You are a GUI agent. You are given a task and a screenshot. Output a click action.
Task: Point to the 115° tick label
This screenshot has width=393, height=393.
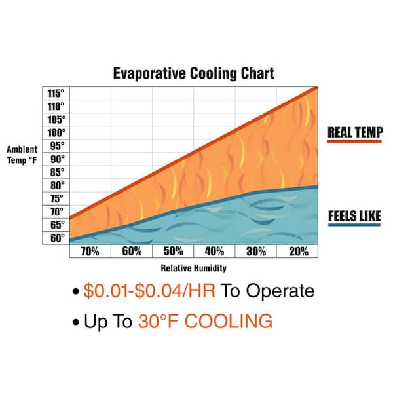[x=56, y=93]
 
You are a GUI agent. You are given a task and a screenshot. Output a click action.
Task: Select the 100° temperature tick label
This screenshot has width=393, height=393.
[x=56, y=132]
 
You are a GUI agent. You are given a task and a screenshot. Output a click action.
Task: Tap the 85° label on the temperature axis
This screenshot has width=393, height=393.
[x=56, y=172]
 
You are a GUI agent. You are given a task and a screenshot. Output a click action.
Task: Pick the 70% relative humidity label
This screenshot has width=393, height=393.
[x=90, y=252]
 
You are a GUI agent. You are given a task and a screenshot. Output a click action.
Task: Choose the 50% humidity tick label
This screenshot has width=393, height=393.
[x=173, y=252]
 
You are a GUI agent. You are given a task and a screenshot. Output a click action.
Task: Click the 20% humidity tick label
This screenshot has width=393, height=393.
[x=297, y=252]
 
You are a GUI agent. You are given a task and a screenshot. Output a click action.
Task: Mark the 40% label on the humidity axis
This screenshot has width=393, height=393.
[x=214, y=252]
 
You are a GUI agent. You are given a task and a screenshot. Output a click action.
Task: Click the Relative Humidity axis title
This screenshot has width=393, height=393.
[x=193, y=268]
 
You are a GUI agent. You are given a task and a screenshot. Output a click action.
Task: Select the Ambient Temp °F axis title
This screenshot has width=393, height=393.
[x=24, y=153]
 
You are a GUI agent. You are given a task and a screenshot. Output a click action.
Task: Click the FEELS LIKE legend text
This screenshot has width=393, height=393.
[x=354, y=215]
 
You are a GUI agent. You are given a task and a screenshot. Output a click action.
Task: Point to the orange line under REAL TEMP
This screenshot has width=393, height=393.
[x=354, y=142]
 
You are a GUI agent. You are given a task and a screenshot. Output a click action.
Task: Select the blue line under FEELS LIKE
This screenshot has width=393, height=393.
[x=354, y=225]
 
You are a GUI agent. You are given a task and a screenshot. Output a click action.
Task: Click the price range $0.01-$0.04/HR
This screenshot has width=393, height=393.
[x=150, y=291]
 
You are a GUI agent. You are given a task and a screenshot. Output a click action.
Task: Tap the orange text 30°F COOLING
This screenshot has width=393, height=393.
[x=204, y=321]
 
